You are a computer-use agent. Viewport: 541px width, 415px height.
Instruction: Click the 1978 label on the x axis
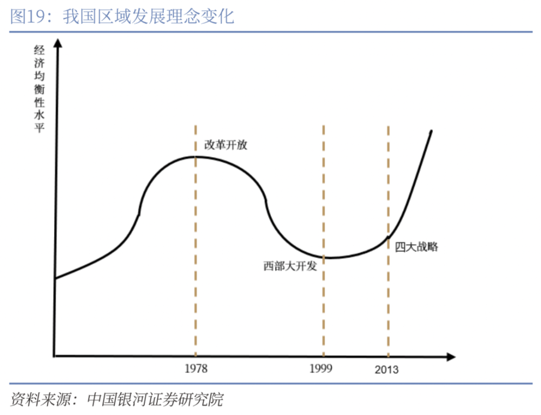tap(195, 369)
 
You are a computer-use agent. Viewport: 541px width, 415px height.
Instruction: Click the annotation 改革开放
tap(226, 145)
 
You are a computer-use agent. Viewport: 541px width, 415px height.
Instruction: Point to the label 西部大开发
tap(290, 266)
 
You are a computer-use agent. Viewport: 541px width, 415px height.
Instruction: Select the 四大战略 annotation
tap(416, 247)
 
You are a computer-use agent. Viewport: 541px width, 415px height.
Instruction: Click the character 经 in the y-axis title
tap(39, 50)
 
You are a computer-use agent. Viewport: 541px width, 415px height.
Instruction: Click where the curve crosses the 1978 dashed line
tap(195, 157)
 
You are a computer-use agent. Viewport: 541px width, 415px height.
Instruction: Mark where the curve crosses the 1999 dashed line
tap(324, 257)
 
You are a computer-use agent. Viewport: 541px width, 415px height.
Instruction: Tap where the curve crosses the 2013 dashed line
tap(388, 236)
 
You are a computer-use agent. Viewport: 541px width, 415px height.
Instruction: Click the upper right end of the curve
tap(431, 131)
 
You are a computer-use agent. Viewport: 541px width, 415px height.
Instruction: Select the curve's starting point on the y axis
tap(56, 278)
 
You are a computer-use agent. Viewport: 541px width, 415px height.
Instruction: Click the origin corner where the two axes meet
tap(55, 356)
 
